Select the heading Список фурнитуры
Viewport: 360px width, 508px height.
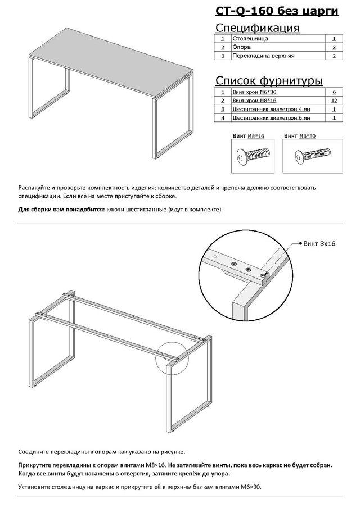tap(269, 81)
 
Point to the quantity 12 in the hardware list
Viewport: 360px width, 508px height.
tap(334, 100)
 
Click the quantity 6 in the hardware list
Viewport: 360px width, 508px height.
tap(334, 91)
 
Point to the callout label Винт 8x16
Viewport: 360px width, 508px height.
tap(319, 244)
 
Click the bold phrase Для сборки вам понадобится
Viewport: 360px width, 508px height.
tap(61, 210)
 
